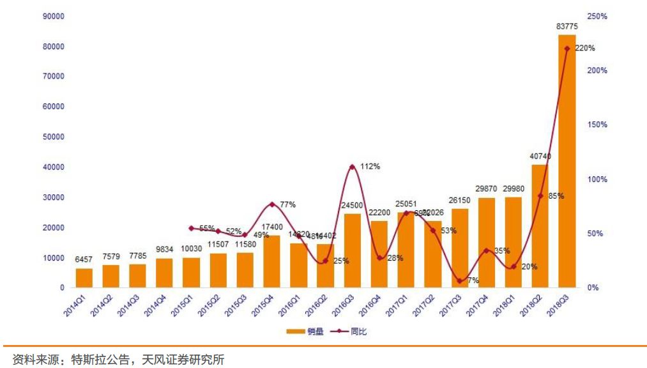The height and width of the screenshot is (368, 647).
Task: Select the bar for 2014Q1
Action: coord(84,278)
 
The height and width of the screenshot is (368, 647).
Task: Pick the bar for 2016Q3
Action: coord(353,250)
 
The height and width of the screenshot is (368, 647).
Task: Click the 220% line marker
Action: coord(567,49)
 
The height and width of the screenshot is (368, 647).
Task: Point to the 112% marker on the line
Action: coord(353,167)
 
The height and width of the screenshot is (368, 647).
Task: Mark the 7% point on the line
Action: coord(459,280)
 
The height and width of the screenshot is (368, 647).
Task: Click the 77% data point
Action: coord(272,204)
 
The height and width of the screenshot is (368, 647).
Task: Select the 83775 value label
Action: coord(567,26)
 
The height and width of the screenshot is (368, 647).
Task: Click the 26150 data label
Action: coord(459,200)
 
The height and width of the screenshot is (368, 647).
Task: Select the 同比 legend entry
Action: coord(348,332)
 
